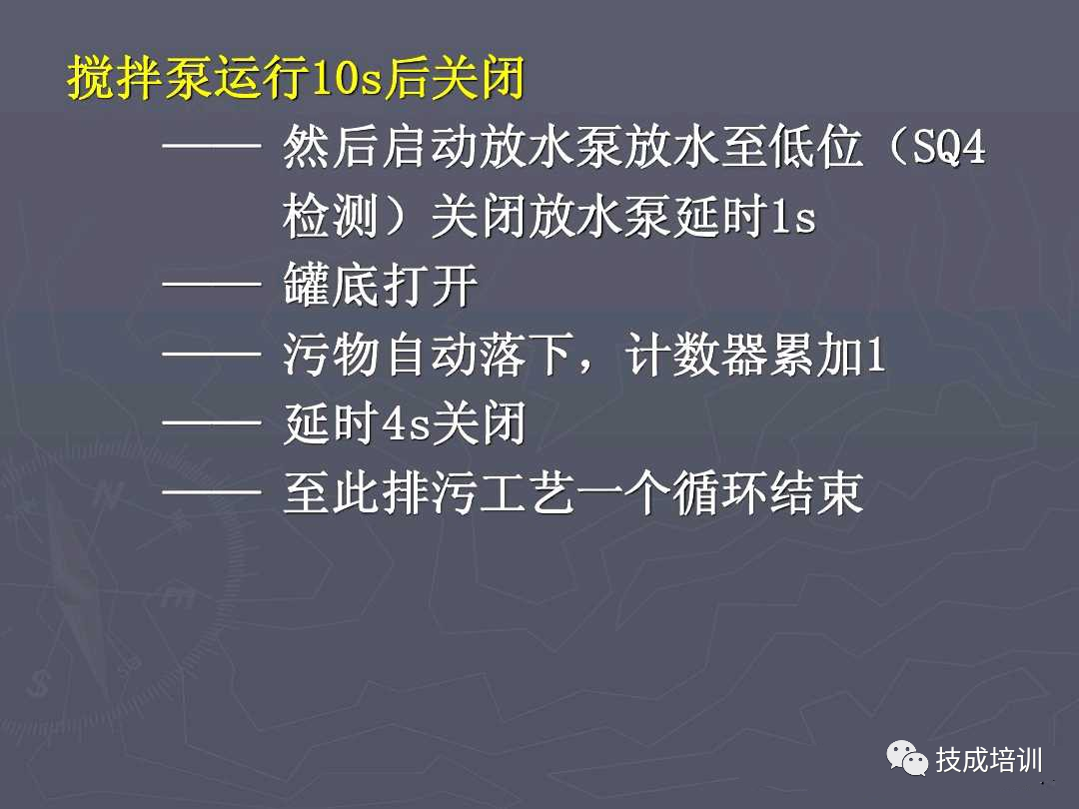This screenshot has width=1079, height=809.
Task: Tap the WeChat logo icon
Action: pos(907,760)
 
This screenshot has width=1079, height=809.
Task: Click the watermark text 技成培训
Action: pos(988,760)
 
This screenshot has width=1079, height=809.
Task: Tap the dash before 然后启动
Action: pos(211,151)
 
